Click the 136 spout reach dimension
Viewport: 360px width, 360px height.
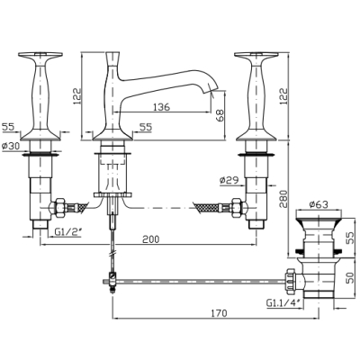pos(161,107)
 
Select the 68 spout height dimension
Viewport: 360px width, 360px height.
pos(220,115)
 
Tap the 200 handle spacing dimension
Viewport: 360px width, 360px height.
pos(151,239)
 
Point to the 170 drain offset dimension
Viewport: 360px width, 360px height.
pos(219,313)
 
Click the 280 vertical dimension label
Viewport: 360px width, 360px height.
pos(283,199)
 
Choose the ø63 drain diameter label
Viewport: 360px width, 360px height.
pos(319,204)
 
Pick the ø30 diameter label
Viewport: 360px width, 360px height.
pos(10,146)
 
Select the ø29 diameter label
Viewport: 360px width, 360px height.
pos(229,180)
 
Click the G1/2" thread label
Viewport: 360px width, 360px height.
pos(67,231)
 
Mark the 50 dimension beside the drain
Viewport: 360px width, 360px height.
pos(350,278)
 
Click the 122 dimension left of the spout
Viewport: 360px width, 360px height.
pos(76,96)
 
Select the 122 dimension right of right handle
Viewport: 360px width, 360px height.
pos(283,96)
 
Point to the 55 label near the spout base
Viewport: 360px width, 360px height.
pos(146,127)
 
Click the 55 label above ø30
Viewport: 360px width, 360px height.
pos(8,127)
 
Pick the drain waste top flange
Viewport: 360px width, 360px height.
pos(319,215)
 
